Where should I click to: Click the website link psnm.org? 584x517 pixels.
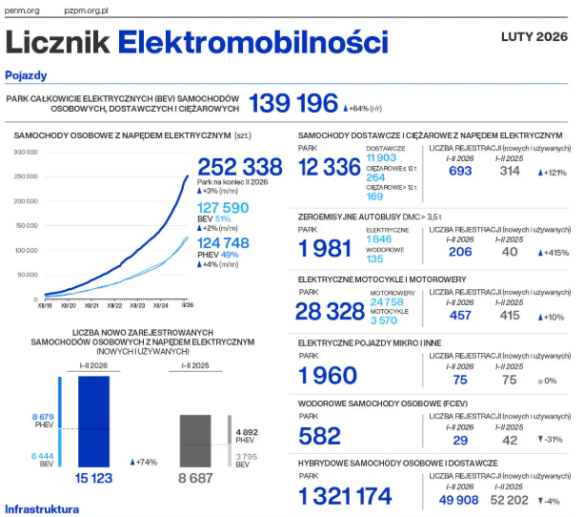[22, 10]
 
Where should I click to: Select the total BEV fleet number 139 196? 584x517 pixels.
[293, 103]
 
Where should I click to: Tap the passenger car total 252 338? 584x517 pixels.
[239, 166]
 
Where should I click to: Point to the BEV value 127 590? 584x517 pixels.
[223, 207]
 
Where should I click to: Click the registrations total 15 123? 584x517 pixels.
[94, 478]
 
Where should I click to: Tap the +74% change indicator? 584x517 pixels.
[144, 462]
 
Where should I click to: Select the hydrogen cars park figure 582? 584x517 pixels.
[319, 437]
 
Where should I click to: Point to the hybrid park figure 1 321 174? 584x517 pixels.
[344, 496]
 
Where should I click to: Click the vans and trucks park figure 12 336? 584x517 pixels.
[330, 167]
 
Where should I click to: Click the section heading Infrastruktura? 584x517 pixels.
[42, 509]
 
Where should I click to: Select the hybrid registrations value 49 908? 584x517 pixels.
[459, 499]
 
